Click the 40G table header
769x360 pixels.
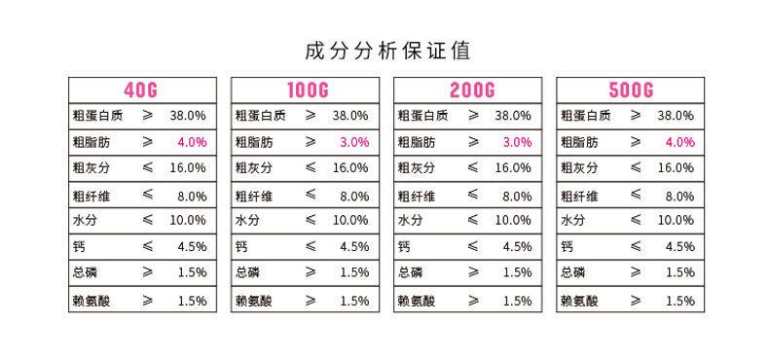(141, 90)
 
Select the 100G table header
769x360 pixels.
(305, 90)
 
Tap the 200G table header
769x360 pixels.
(467, 90)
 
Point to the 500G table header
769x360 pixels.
(630, 90)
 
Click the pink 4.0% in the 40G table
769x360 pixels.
(192, 142)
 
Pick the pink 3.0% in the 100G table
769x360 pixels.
(354, 142)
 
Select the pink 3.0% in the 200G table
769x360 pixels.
(517, 142)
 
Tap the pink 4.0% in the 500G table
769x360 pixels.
(679, 142)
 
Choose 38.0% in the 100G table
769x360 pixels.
(350, 115)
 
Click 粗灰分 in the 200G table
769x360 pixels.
(417, 168)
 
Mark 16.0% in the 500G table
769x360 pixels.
(676, 168)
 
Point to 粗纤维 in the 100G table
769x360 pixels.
(254, 196)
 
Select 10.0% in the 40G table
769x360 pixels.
(188, 221)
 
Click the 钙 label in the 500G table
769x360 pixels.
(567, 247)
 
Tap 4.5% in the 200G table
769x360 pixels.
(517, 247)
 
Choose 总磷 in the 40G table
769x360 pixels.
(85, 273)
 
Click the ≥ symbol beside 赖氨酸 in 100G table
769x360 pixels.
(311, 301)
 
